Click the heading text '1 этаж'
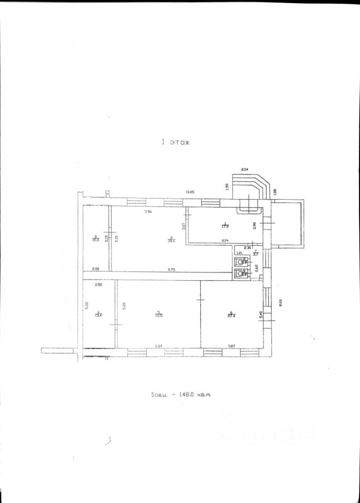(x=176, y=141)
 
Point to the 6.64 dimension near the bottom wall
(x=160, y=345)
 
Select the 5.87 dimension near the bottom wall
(x=232, y=345)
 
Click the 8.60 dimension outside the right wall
(x=281, y=302)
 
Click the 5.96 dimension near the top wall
(x=148, y=212)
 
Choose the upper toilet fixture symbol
(x=240, y=260)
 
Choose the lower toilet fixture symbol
(x=240, y=273)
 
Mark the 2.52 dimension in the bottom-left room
(x=98, y=285)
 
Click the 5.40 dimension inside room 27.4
(x=261, y=315)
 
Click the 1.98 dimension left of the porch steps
(x=228, y=187)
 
